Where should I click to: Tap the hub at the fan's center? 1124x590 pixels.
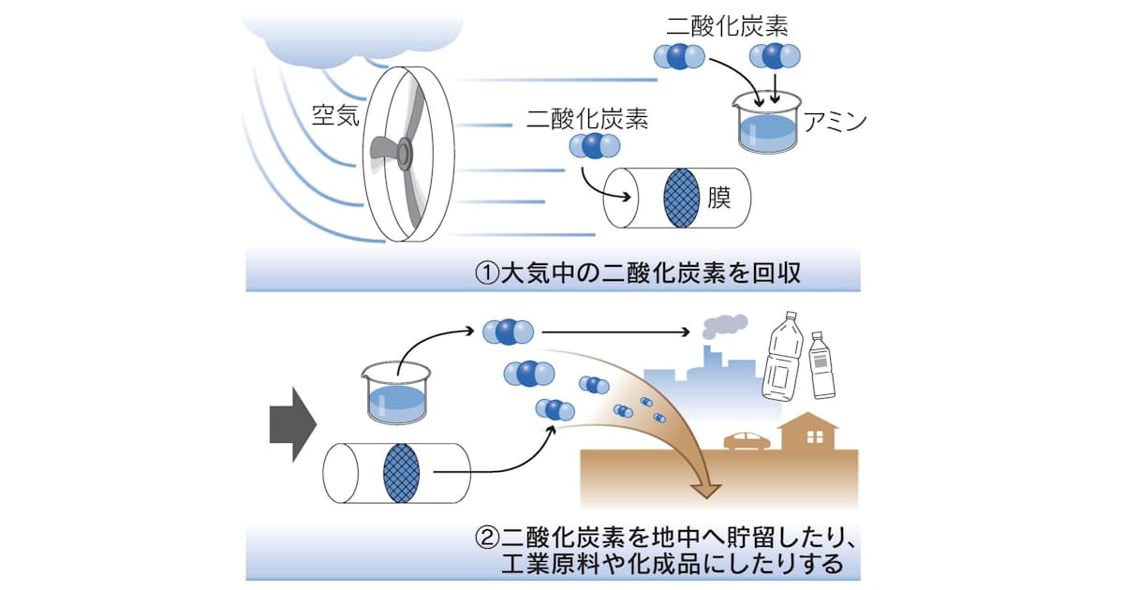click(x=405, y=153)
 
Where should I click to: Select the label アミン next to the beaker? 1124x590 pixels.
click(x=836, y=123)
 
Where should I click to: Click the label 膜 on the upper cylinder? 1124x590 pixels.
click(x=719, y=197)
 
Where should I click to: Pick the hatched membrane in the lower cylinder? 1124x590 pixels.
click(x=403, y=474)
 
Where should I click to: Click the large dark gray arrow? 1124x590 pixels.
click(x=293, y=427)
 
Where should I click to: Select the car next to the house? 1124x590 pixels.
click(x=747, y=440)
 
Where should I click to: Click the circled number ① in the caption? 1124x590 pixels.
click(x=487, y=274)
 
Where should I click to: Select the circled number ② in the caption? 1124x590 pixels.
click(x=487, y=540)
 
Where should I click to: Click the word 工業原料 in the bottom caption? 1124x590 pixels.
click(x=545, y=565)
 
